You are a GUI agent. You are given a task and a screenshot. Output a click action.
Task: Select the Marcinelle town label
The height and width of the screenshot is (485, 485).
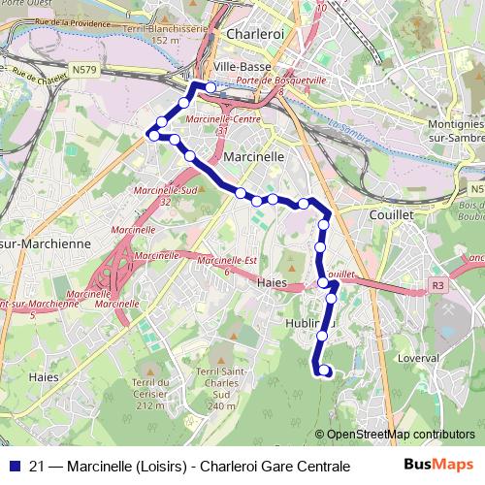coord(253,155)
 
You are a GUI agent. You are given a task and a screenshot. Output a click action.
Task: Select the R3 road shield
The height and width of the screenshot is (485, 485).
coord(437,286)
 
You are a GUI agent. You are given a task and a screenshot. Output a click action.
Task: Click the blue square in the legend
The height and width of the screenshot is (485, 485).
coord(13,466)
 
